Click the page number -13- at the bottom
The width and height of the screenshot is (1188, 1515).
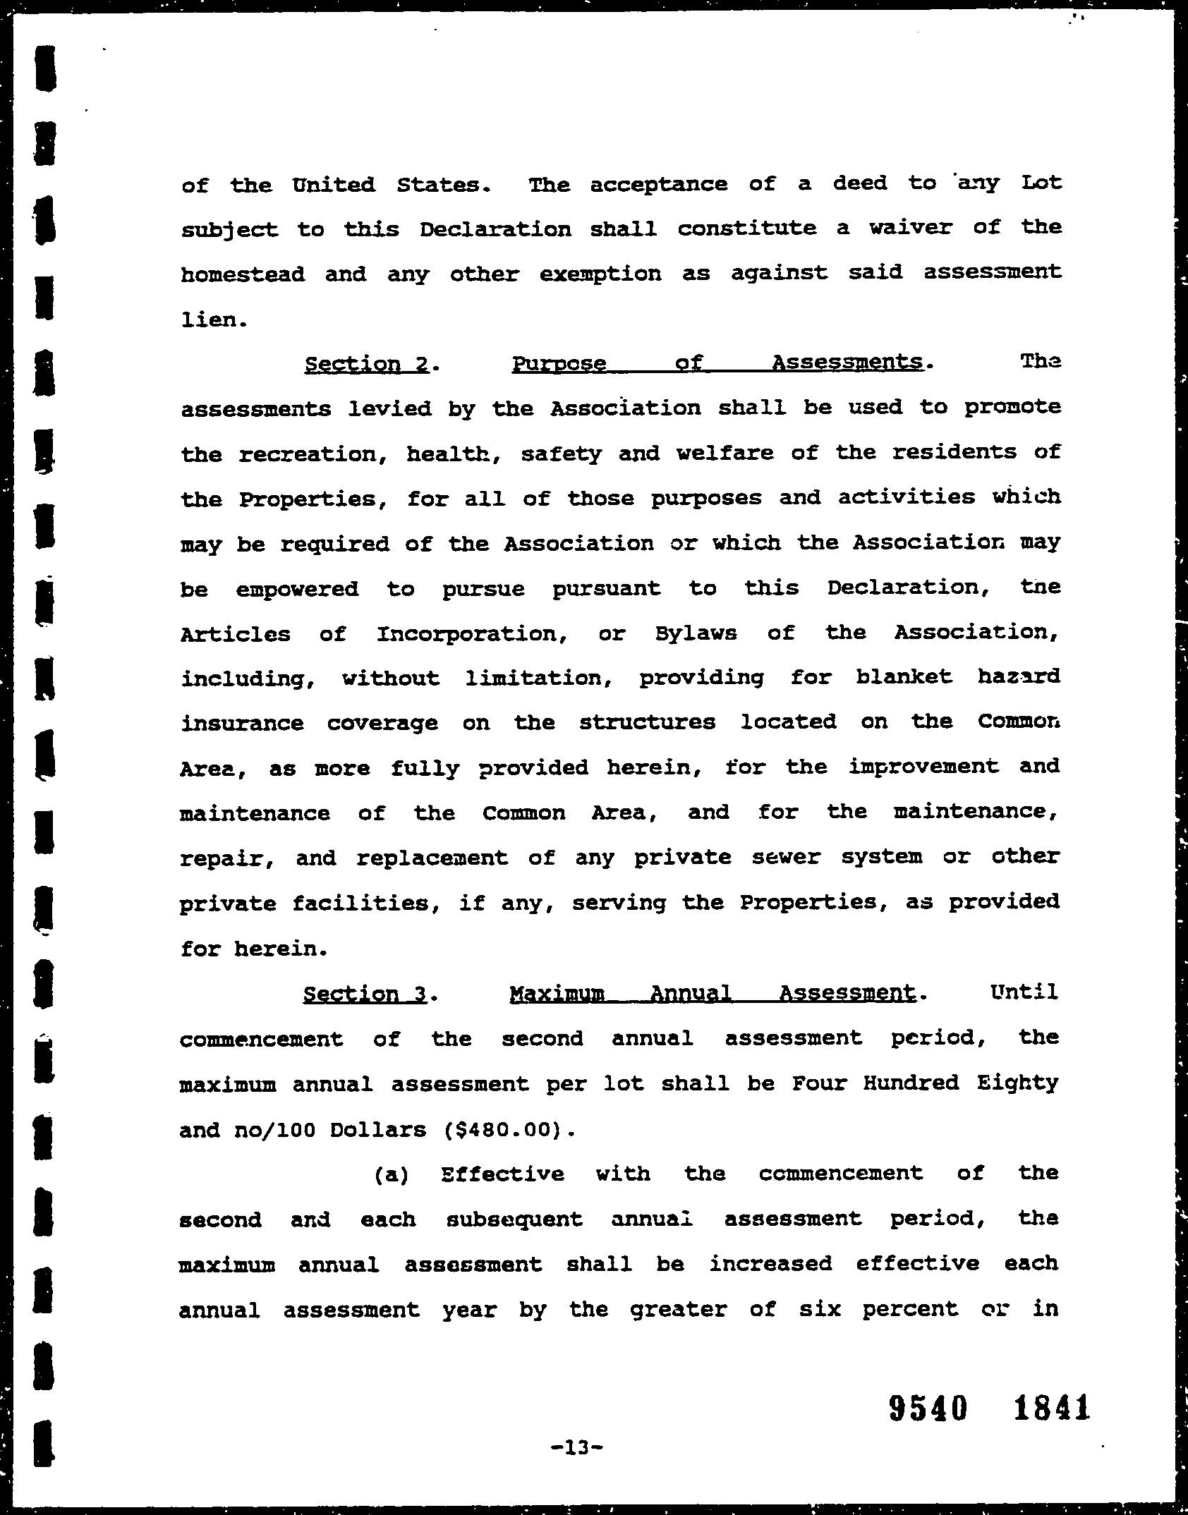pos(577,1448)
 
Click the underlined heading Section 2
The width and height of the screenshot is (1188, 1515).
pos(367,364)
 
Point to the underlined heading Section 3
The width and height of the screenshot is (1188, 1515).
pos(365,994)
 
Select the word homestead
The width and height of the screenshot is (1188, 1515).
pos(243,274)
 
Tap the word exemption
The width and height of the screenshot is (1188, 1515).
pos(600,274)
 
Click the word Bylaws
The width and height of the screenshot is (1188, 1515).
pos(696,633)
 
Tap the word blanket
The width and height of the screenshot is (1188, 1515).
pos(904,677)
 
